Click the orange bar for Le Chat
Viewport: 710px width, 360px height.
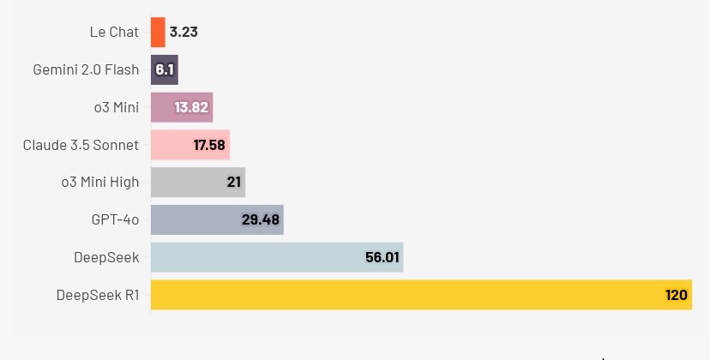tap(158, 33)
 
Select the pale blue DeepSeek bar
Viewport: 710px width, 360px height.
tap(257, 257)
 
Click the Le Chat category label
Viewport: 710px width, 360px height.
tap(114, 33)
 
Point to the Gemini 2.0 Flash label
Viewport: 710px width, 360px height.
tap(86, 69)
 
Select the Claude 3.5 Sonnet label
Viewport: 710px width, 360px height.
tap(81, 145)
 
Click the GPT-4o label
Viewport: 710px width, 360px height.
tap(115, 219)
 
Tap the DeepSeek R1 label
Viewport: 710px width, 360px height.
tap(98, 295)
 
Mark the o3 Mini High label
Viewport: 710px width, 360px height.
tap(100, 182)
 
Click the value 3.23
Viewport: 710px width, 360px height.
tap(184, 33)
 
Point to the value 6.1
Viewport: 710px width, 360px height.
tap(165, 69)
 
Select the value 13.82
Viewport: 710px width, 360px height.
tap(191, 107)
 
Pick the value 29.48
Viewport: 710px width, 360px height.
tap(261, 219)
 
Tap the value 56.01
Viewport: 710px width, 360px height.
tap(382, 257)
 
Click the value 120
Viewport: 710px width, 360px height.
tap(677, 295)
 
